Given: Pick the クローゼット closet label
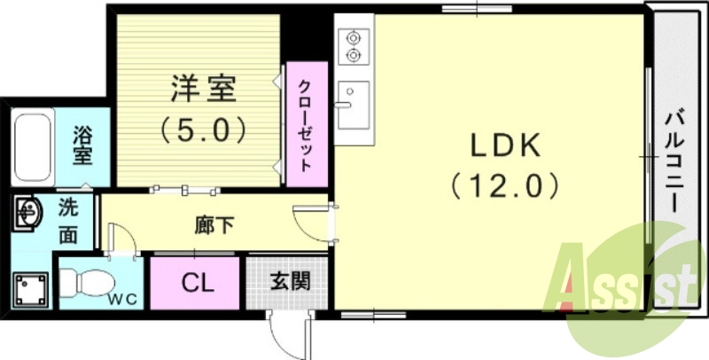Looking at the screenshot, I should coord(304,125).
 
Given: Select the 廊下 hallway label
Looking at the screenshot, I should coord(214,225).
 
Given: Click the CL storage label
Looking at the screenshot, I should coord(196,283).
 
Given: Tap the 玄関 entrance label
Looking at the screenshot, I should coord(289,283).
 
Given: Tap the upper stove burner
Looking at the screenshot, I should coord(354,38).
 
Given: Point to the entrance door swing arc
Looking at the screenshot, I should coord(285,333).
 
